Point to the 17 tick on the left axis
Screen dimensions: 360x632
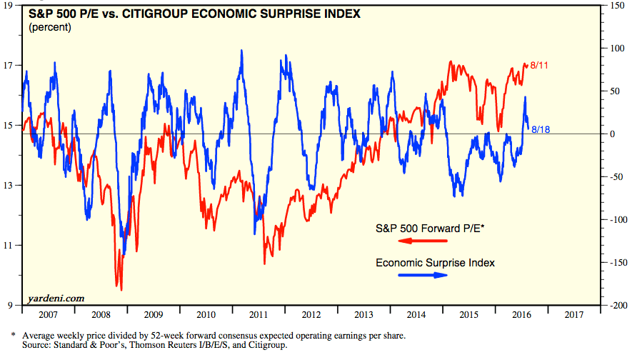pos(11,66)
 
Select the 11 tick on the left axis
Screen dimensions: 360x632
pos(11,245)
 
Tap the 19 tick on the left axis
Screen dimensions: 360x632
pos(11,6)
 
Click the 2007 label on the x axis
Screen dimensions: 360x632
pos(49,314)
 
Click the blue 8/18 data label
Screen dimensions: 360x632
pos(541,129)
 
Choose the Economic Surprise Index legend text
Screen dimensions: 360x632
pos(435,263)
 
